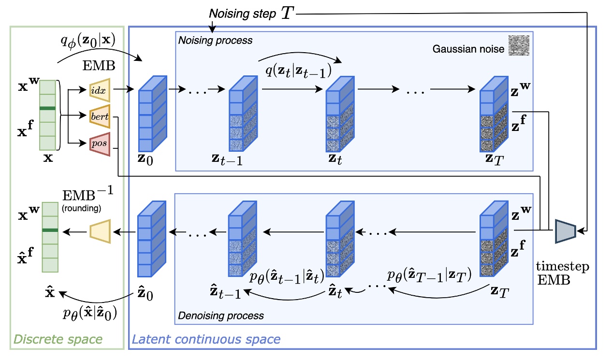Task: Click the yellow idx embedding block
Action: click(x=101, y=89)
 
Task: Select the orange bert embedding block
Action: click(x=101, y=116)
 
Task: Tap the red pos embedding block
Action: click(x=100, y=144)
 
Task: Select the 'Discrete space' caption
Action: click(x=58, y=339)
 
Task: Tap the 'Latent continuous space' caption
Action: click(x=206, y=339)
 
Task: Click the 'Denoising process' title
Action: click(x=221, y=316)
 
